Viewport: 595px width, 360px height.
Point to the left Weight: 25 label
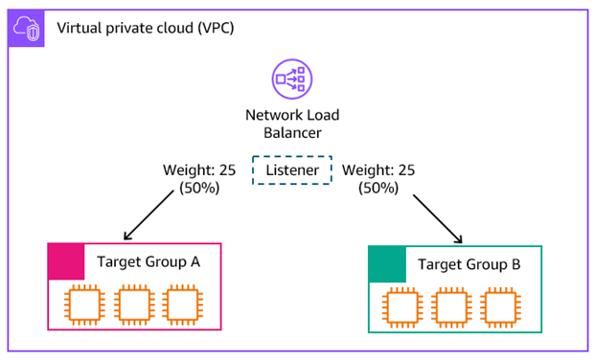[200, 169]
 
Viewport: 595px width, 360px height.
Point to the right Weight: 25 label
[378, 169]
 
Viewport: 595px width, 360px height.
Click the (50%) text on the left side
[200, 189]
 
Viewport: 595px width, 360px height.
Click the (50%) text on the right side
[378, 189]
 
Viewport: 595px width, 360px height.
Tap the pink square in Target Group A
[66, 259]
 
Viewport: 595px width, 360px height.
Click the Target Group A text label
[146, 260]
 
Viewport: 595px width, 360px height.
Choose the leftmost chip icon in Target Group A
[81, 304]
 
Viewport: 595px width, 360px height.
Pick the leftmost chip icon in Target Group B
[400, 306]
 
